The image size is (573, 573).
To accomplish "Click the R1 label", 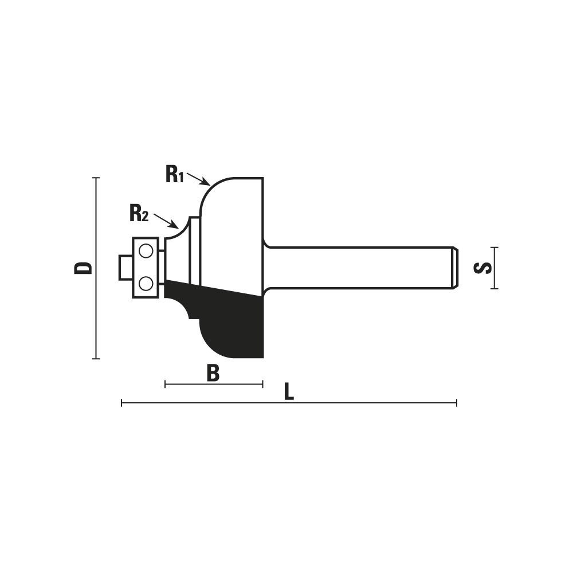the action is point(174,174).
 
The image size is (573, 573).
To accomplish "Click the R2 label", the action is point(139,213).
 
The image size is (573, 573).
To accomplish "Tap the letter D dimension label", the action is point(83,268).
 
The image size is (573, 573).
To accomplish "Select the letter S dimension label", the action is point(482,268).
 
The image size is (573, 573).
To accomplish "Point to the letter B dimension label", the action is point(213,373).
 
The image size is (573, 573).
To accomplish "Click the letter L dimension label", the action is point(289,392).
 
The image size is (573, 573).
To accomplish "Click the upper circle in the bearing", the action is point(146,251).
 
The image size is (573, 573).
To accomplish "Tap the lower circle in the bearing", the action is point(146,283).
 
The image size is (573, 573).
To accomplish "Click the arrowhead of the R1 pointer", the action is point(206,183).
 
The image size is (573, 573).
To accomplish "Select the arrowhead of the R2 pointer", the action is point(175,225).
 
